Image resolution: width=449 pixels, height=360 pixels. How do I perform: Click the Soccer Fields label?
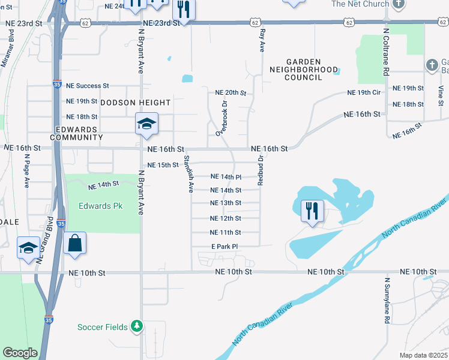pyautogui.click(x=102, y=327)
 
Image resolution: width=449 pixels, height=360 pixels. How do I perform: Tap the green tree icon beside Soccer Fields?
pyautogui.click(x=137, y=326)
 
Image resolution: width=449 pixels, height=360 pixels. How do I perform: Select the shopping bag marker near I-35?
pyautogui.click(x=74, y=244)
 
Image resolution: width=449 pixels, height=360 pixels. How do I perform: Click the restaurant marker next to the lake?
pyautogui.click(x=312, y=211)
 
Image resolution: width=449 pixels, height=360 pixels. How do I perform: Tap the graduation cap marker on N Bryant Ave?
pyautogui.click(x=146, y=124)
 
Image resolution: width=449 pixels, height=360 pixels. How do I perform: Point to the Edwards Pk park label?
pyautogui.click(x=100, y=206)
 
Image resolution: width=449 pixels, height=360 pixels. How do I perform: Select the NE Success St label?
pyautogui.click(x=87, y=86)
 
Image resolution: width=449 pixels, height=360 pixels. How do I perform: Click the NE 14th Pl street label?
pyautogui.click(x=226, y=177)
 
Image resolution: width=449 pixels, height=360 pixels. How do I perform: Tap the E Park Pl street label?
pyautogui.click(x=224, y=247)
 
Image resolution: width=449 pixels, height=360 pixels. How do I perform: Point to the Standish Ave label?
pyautogui.click(x=187, y=173)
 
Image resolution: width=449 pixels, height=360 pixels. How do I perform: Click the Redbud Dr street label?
pyautogui.click(x=261, y=170)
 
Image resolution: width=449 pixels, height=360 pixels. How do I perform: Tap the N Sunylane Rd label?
pyautogui.click(x=387, y=300)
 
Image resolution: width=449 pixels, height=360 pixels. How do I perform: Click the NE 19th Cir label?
pyautogui.click(x=364, y=92)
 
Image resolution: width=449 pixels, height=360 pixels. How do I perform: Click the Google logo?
pyautogui.click(x=20, y=353)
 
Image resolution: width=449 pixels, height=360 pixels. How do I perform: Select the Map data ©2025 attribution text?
pyautogui.click(x=423, y=355)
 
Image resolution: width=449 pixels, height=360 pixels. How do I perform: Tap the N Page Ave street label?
pyautogui.click(x=27, y=170)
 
